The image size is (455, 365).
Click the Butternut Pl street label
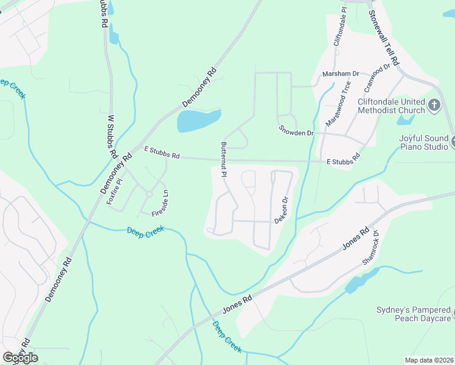click(x=224, y=159)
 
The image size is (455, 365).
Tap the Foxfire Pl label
click(x=114, y=192)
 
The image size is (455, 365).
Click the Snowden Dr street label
click(x=296, y=130)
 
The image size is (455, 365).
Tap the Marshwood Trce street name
click(x=338, y=104)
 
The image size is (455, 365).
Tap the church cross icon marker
click(x=434, y=105)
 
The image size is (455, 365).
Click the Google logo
click(x=20, y=358)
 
